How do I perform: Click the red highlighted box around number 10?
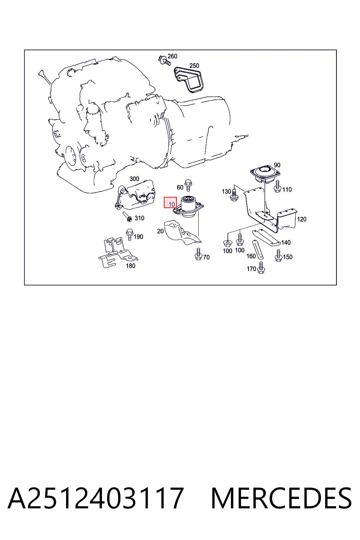click(x=170, y=202)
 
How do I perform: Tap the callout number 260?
click(x=172, y=56)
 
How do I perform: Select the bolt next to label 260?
click(x=164, y=60)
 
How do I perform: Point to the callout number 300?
click(x=134, y=179)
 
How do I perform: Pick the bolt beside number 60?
click(x=188, y=185)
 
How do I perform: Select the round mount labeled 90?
click(x=265, y=174)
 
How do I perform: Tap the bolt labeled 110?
click(x=277, y=187)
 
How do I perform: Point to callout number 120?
click(x=302, y=219)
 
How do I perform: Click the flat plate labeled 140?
click(x=266, y=238)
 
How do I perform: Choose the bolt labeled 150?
click(x=278, y=256)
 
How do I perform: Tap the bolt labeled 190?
click(x=129, y=234)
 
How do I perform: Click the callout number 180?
click(x=131, y=266)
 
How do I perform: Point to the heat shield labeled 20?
click(x=182, y=232)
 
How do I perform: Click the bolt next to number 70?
click(x=198, y=254)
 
